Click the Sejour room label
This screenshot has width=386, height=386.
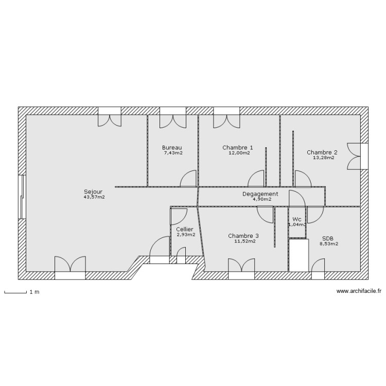(93, 191)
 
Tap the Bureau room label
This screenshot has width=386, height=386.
(172, 147)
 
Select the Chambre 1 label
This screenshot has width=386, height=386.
(238, 147)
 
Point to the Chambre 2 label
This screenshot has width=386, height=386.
(322, 152)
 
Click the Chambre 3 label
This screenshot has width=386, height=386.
(243, 236)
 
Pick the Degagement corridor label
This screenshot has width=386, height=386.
(260, 194)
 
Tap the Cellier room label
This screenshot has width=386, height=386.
(185, 229)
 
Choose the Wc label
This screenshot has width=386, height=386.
(297, 219)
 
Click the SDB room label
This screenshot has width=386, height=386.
(328, 238)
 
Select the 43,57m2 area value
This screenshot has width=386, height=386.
(94, 197)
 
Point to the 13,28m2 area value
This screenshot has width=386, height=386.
(323, 157)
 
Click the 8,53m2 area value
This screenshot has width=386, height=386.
(328, 244)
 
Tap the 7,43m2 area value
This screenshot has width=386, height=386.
(173, 153)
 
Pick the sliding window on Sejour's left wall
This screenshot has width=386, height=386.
(22, 198)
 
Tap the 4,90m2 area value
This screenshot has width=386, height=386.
(261, 199)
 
